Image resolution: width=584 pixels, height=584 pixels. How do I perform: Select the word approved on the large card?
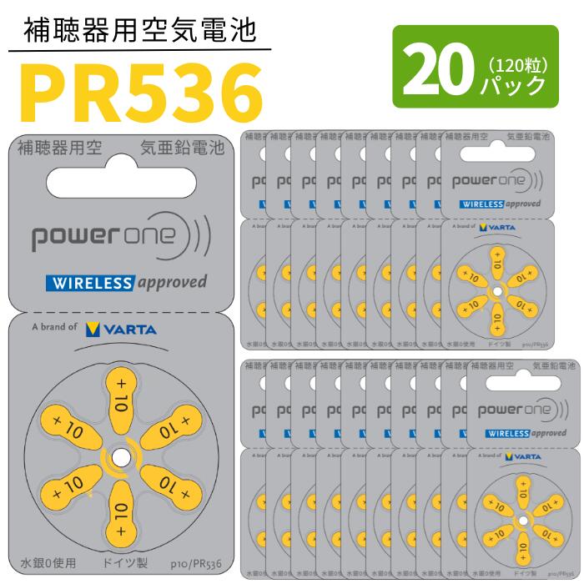click(171, 282)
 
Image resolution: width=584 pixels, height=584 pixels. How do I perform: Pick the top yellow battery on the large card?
click(120, 390)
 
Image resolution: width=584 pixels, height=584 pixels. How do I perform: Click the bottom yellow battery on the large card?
click(120, 522)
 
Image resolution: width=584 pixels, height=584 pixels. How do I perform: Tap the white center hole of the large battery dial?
click(120, 456)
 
